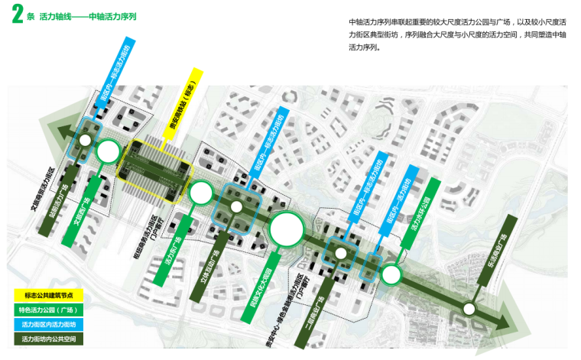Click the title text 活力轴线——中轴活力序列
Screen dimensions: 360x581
[87, 16]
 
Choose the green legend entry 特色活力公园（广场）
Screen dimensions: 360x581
[49, 310]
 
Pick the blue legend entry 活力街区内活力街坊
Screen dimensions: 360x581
[49, 323]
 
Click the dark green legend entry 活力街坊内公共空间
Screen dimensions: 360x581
[49, 337]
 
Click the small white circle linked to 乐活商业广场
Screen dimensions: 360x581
[470, 309]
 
